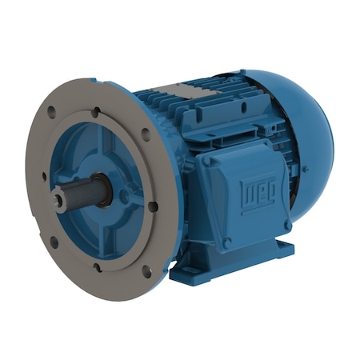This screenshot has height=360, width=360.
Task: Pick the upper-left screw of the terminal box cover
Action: coord(210,162)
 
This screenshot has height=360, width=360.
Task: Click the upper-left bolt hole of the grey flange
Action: coord(52,113)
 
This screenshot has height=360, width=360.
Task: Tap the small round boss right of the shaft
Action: coord(125,194)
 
